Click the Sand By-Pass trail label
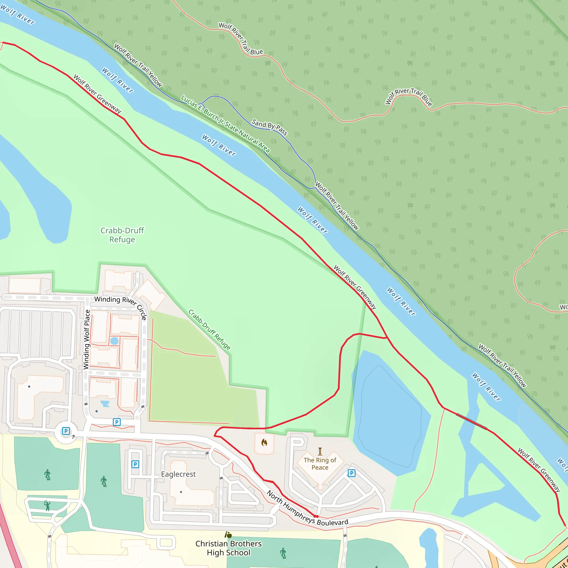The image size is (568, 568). tap(269, 127)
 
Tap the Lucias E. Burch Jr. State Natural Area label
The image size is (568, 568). tap(225, 124)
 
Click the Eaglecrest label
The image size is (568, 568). tap(178, 474)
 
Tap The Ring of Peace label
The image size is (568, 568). tap(320, 464)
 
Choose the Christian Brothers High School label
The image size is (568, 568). tap(229, 548)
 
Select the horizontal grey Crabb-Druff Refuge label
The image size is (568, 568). tap(122, 235)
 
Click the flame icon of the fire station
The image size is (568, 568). tap(264, 442)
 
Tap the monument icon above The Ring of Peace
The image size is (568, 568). tap(320, 451)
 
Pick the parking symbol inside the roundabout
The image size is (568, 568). tap(66, 431)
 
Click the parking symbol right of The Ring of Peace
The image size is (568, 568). tap(352, 473)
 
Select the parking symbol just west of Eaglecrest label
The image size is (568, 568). tap(135, 464)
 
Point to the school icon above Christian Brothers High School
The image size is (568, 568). tap(228, 535)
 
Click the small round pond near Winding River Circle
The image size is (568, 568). tap(114, 341)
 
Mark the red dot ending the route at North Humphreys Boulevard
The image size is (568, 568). tap(316, 516)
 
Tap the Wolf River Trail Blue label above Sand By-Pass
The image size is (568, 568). tap(240, 39)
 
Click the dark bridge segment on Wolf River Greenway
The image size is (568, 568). tap(471, 421)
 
